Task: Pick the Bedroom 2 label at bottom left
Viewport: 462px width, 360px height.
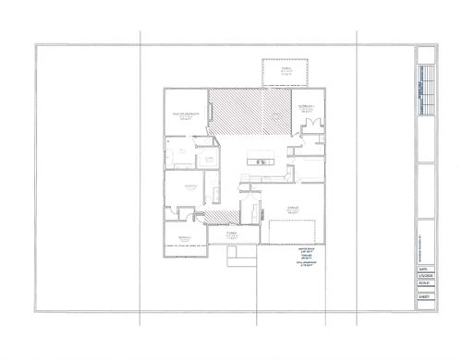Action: [x=186, y=237]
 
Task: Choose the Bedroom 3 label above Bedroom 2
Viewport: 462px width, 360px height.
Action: [x=190, y=186]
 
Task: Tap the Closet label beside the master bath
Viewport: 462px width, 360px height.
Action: [x=210, y=159]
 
